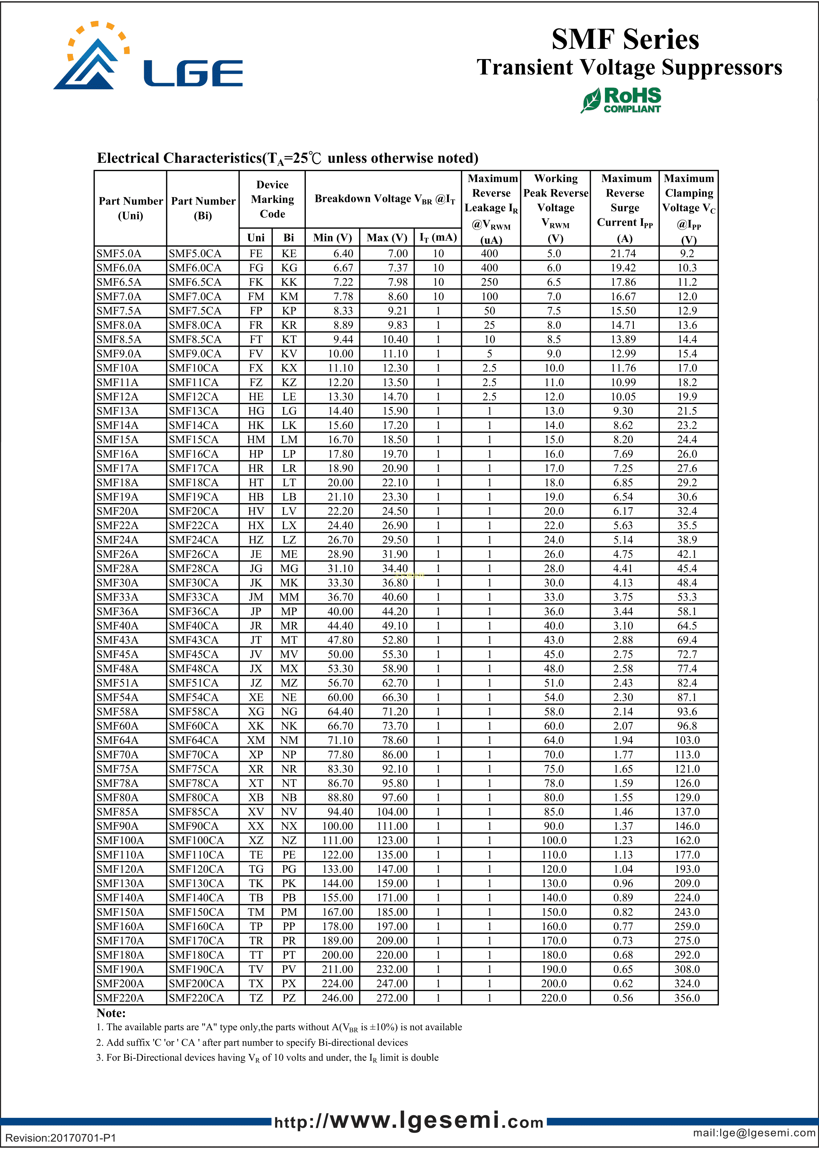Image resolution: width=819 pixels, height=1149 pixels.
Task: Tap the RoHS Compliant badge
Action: click(x=621, y=100)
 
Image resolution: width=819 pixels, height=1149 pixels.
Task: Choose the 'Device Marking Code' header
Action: click(x=272, y=199)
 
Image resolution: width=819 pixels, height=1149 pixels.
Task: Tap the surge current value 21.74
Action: click(x=623, y=254)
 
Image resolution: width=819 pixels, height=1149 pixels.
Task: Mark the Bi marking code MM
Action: click(x=289, y=597)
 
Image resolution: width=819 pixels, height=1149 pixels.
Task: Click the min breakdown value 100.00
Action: click(x=337, y=826)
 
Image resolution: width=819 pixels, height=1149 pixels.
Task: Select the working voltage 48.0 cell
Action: click(x=554, y=669)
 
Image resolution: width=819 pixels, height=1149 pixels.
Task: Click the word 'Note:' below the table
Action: click(x=111, y=1013)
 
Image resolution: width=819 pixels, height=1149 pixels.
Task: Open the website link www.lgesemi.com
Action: click(x=409, y=1122)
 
